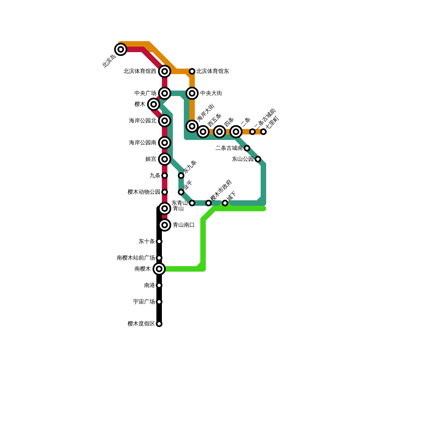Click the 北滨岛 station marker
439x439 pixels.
tap(121, 49)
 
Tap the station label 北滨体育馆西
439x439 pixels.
tap(140, 71)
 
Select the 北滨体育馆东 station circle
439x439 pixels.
tap(192, 71)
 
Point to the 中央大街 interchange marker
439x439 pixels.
tap(192, 93)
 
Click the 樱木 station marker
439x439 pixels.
tap(154, 104)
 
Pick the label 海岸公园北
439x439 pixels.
tap(142, 121)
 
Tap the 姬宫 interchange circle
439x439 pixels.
tap(165, 159)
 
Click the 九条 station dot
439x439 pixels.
tap(165, 176)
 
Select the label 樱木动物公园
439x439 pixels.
tap(144, 192)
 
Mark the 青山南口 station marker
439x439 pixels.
tap(165, 225)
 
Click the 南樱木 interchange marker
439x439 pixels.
tap(159, 269)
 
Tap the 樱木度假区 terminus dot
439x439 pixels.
tap(159, 324)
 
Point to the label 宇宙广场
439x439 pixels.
tap(144, 302)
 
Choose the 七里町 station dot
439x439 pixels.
tap(263, 132)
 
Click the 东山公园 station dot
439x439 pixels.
tap(258, 159)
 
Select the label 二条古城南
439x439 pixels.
tap(229, 148)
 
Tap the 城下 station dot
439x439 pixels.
tap(225, 203)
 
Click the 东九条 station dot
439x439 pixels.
tap(181, 176)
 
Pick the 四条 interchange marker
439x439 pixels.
tap(219, 132)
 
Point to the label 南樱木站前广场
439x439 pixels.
tap(136, 258)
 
